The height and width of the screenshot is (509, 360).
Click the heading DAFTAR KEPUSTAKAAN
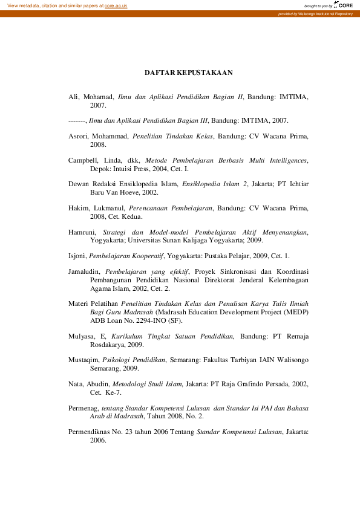[189, 73]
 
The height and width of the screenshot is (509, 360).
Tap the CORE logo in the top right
[345, 5]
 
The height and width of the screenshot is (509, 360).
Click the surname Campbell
[85, 160]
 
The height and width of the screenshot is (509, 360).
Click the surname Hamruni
[82, 232]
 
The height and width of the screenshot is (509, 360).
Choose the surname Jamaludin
[84, 272]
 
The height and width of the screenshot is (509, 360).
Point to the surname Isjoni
[77, 256]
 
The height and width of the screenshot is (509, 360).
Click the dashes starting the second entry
[77, 120]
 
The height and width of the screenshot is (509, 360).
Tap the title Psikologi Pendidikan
[134, 360]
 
